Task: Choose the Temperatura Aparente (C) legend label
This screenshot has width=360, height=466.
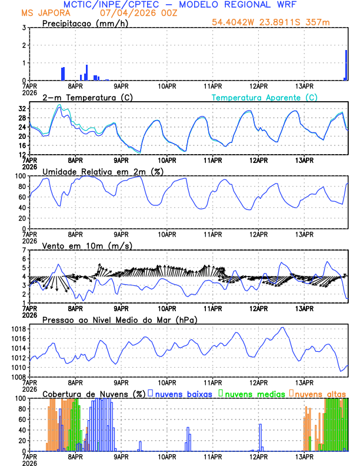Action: click(264, 97)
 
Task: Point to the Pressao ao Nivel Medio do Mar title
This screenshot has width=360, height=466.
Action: click(119, 319)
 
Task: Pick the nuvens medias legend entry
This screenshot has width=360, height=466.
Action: click(253, 393)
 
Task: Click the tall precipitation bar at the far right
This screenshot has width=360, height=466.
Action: click(346, 65)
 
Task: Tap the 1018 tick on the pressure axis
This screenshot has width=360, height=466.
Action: click(19, 328)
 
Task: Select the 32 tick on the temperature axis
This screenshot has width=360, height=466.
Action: click(22, 109)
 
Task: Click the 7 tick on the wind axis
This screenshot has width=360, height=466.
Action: click(24, 250)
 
